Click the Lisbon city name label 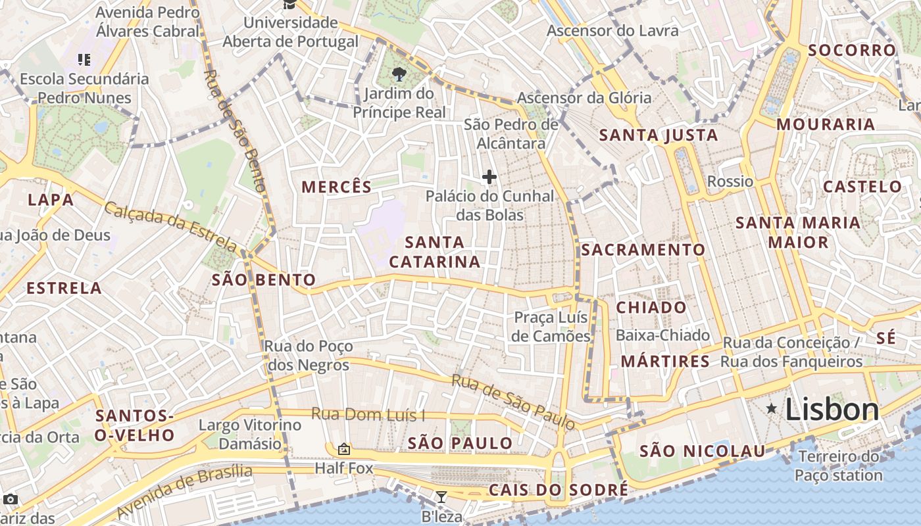[x=832, y=410]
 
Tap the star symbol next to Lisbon [x=772, y=409]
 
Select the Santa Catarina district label [x=434, y=252]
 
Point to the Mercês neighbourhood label [x=337, y=187]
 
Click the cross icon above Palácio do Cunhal [x=489, y=176]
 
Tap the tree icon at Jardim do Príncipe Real [x=399, y=74]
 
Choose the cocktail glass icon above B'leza [x=441, y=496]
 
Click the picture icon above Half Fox [x=343, y=450]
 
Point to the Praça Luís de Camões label [x=551, y=327]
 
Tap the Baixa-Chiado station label [x=662, y=335]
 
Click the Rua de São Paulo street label [x=513, y=402]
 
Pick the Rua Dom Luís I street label [x=368, y=415]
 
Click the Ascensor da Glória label [x=584, y=98]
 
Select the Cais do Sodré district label [x=558, y=490]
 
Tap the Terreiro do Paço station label [x=838, y=466]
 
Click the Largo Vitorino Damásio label [x=250, y=434]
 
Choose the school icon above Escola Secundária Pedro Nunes [x=84, y=60]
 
